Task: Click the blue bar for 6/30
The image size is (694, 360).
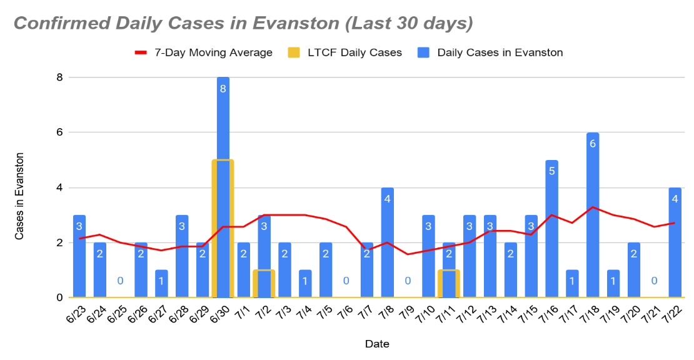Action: pyautogui.click(x=223, y=119)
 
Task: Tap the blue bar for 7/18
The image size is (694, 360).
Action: pyautogui.click(x=593, y=187)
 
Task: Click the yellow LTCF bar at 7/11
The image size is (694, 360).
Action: pyautogui.click(x=449, y=284)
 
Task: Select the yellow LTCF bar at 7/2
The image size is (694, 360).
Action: pyautogui.click(x=264, y=284)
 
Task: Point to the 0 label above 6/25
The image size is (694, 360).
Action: pyautogui.click(x=120, y=281)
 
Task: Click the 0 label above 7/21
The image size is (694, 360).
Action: pyautogui.click(x=655, y=281)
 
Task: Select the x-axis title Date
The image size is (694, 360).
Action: pyautogui.click(x=377, y=344)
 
